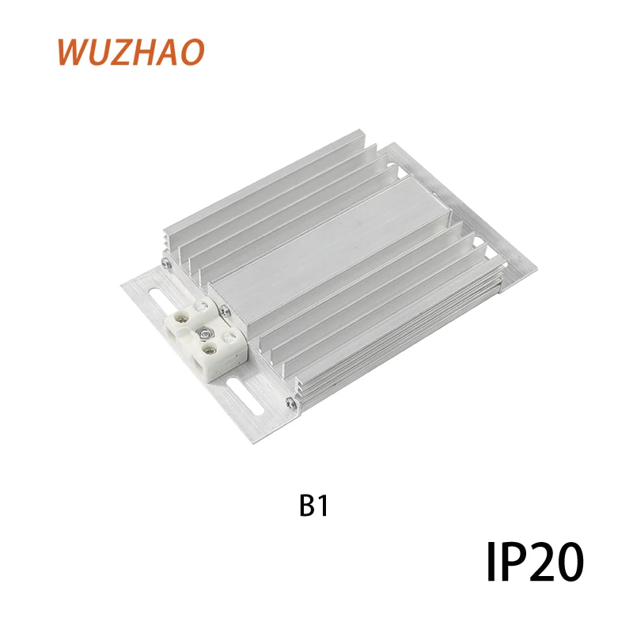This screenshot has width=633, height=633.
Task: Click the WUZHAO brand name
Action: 131,51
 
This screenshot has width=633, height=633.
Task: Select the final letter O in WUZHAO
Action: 191,51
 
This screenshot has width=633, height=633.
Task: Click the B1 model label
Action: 313,506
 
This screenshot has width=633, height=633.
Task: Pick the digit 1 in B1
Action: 321,506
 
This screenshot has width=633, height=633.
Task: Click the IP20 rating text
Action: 534,563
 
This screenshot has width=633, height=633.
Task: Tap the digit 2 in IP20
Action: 539,563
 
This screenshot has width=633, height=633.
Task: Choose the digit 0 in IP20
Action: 569,563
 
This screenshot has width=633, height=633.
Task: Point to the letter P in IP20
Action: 509,563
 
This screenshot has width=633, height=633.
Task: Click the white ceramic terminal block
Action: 203,337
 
